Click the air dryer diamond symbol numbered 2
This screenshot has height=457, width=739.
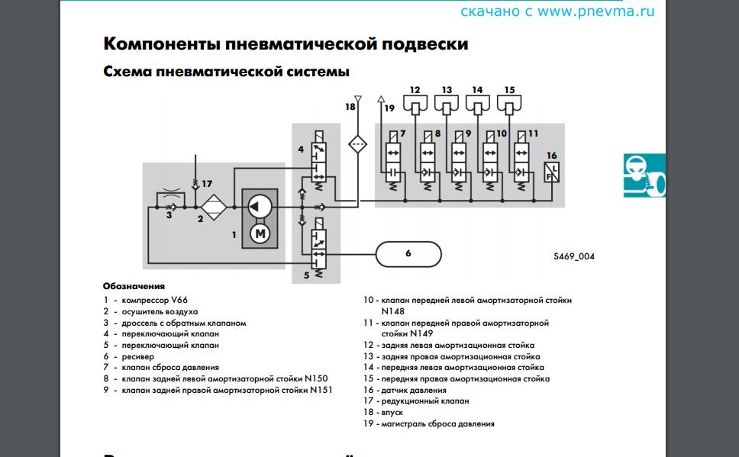[x=215, y=206]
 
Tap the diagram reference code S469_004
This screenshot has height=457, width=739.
[x=574, y=256]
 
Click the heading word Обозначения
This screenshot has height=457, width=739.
[x=134, y=286]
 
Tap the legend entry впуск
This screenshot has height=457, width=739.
[x=392, y=412]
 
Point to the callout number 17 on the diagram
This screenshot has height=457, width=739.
[x=206, y=183]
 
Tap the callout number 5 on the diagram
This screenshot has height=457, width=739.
[x=306, y=275]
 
